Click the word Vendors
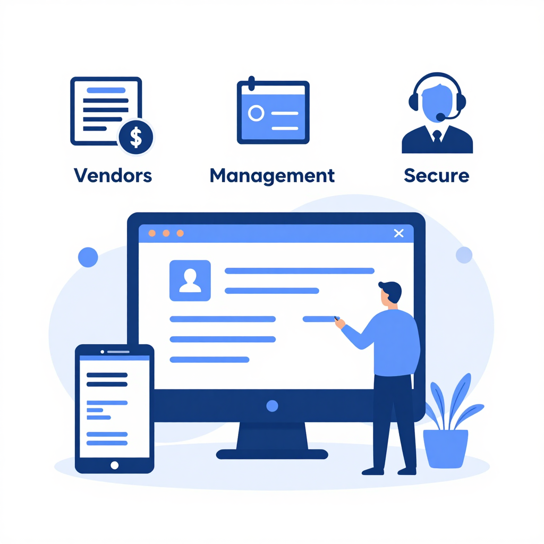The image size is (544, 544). point(113,175)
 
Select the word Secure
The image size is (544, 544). point(437,175)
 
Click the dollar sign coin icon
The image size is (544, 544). point(135,137)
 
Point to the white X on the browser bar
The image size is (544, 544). point(398,233)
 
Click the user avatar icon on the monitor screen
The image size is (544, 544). point(190,280)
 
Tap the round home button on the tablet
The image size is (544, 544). point(115,465)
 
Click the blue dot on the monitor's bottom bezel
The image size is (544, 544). point(272,406)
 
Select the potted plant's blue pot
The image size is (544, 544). point(446,448)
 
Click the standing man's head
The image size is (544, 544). point(390,293)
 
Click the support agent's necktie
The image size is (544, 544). point(437,135)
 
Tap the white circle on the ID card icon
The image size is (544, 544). point(256,113)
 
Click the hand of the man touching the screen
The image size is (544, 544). point(339,323)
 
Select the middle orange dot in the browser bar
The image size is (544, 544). point(166,233)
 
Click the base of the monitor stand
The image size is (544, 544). point(272,454)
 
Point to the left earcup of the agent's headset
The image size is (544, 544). point(413,102)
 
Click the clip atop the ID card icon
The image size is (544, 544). point(251,83)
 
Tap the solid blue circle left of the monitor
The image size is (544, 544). point(88,257)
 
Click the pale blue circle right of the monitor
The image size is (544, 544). point(464,255)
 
